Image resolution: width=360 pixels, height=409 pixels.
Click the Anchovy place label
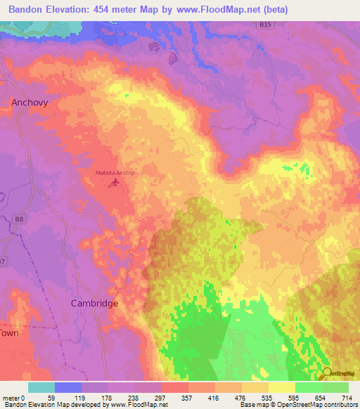[x=30, y=103]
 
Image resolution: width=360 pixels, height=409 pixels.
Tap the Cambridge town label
[x=94, y=303]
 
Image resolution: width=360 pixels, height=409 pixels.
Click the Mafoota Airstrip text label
[x=114, y=172]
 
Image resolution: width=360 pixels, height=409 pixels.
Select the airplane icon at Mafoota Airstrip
[x=115, y=183]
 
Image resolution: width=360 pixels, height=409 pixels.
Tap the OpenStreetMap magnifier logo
[x=328, y=374]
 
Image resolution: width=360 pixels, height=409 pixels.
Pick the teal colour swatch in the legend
[x=41, y=387]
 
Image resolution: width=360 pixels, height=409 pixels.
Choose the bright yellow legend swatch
[x=282, y=387]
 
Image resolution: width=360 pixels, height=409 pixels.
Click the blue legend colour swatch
[x=68, y=387]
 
